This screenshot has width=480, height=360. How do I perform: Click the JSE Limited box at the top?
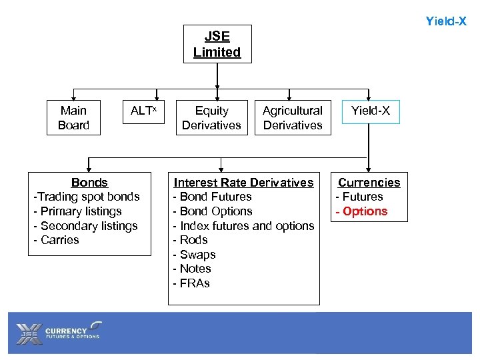coord(217,44)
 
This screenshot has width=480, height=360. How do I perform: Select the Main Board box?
coord(73,118)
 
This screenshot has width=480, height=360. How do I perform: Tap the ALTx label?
coord(143,111)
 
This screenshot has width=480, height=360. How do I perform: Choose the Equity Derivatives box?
coord(211,118)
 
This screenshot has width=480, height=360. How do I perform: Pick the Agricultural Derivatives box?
coord(292,118)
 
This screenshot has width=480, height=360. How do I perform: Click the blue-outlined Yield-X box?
coord(371,111)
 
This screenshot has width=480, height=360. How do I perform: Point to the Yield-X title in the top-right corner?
coord(445,21)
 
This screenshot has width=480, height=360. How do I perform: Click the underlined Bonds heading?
coord(89,183)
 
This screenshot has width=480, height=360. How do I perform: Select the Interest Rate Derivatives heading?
coord(243,183)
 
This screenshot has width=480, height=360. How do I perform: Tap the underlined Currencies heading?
coord(369,183)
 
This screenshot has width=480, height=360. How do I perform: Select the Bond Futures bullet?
coord(213,197)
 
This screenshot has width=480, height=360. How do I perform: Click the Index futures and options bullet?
coord(243,226)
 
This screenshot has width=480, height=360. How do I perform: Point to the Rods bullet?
coord(191,240)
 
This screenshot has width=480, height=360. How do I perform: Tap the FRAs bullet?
coord(192,283)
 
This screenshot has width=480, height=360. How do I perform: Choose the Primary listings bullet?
coord(78,211)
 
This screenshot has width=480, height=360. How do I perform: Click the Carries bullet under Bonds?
coord(57,240)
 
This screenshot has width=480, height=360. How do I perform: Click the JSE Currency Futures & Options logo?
coord(60,331)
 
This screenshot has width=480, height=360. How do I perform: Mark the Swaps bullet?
coord(195,255)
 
